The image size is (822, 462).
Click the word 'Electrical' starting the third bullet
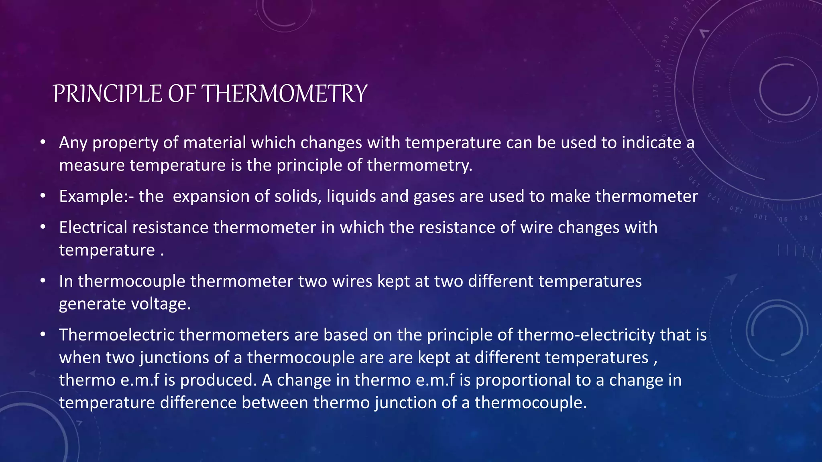click(93, 227)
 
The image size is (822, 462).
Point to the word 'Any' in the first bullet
click(73, 143)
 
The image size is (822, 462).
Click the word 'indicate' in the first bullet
click(651, 143)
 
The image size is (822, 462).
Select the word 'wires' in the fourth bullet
click(352, 281)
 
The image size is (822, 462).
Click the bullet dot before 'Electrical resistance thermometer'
click(43, 227)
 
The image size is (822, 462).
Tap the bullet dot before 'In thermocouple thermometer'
click(43, 281)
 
